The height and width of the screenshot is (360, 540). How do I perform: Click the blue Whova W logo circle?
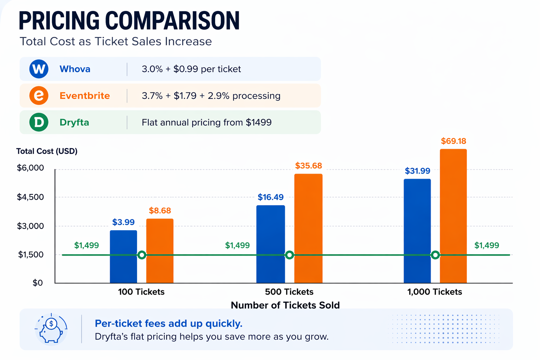(x=39, y=69)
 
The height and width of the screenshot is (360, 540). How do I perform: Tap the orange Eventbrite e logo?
(x=39, y=96)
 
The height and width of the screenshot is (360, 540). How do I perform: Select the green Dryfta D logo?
(x=39, y=122)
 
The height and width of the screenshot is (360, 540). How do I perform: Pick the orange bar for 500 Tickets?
(x=308, y=229)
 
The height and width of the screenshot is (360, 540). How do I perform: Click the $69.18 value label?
(x=454, y=141)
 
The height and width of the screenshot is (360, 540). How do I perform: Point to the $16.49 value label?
(x=270, y=197)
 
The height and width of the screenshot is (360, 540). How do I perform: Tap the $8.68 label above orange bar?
(x=160, y=211)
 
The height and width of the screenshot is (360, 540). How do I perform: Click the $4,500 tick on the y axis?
(x=31, y=197)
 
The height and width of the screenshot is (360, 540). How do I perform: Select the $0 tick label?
(x=38, y=283)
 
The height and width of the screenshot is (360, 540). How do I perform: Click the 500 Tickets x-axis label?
(x=289, y=292)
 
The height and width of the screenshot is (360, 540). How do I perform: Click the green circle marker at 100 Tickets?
(x=142, y=255)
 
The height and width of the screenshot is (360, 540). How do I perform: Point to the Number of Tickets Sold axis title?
(x=285, y=305)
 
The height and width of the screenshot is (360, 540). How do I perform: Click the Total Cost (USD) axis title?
(x=47, y=151)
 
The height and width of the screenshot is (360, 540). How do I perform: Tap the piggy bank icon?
(x=51, y=329)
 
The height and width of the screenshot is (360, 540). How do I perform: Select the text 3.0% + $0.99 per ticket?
(x=191, y=69)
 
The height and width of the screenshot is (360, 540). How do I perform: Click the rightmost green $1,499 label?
(x=487, y=245)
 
